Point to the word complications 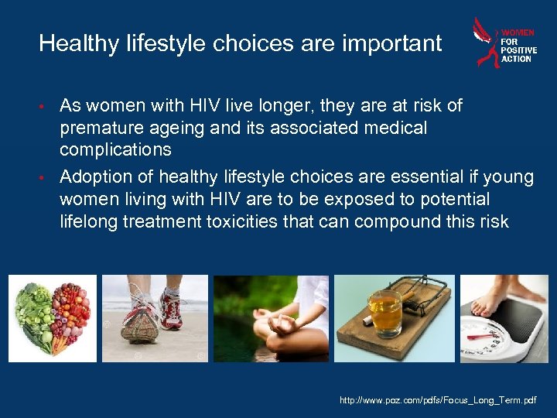click(x=116, y=149)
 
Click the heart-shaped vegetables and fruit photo click(x=52, y=318)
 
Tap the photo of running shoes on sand click(x=155, y=318)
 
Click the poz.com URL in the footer click(x=437, y=400)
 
